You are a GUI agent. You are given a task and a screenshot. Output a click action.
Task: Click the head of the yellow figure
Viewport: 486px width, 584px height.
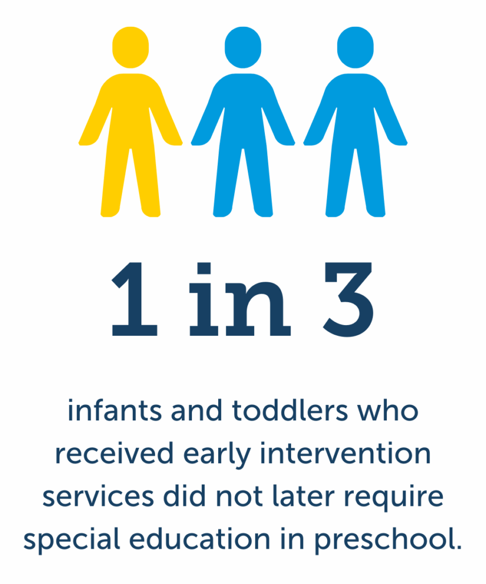(x=130, y=46)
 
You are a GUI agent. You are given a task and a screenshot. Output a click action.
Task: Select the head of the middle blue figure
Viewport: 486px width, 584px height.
(x=243, y=46)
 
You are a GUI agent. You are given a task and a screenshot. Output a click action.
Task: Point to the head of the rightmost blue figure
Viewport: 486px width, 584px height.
(x=355, y=46)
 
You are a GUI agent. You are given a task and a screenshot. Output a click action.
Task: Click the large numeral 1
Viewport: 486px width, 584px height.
(x=134, y=300)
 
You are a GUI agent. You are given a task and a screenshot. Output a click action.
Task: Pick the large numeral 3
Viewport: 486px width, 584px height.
(x=348, y=300)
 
